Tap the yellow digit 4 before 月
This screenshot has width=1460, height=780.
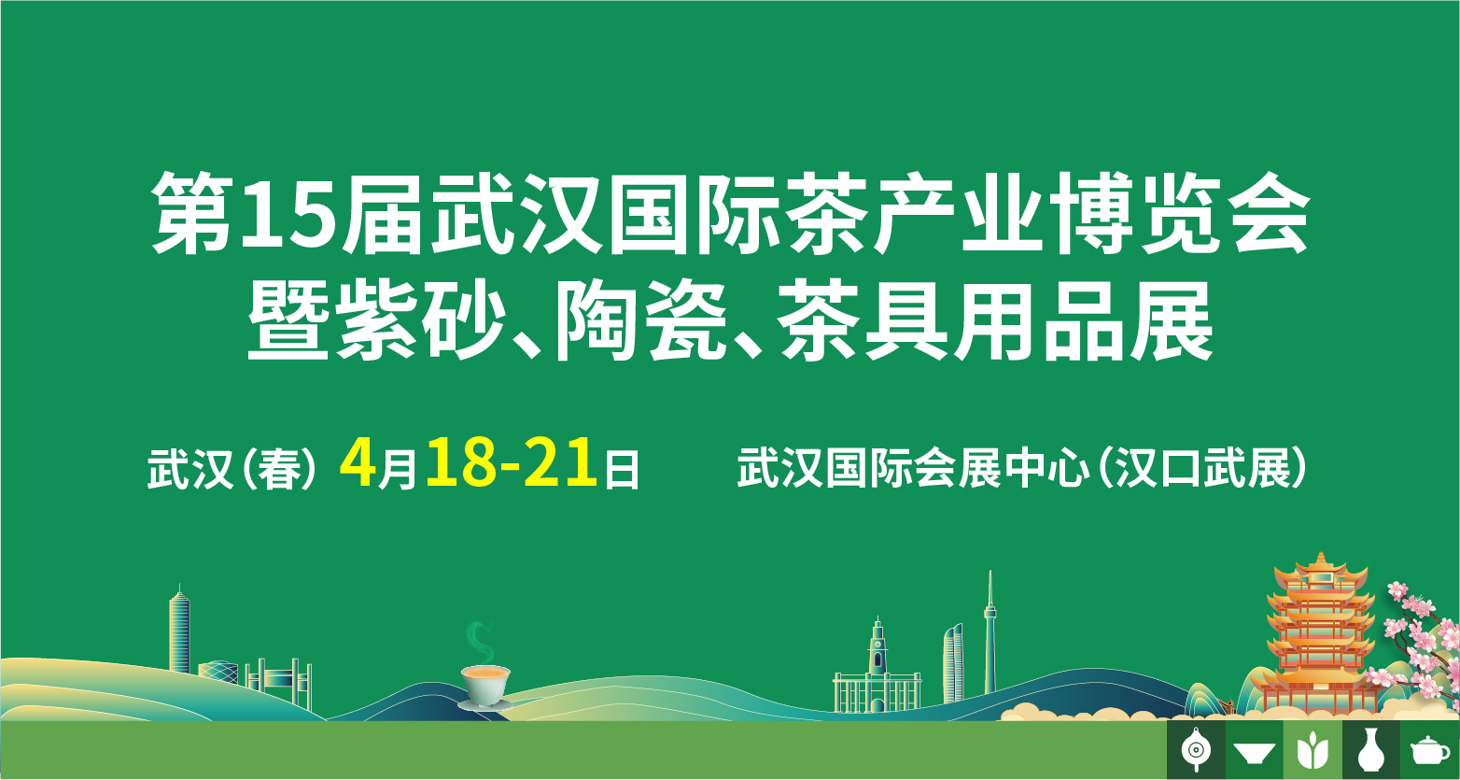358,463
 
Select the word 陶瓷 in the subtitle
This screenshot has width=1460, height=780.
642,320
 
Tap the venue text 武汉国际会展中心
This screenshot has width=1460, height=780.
913,468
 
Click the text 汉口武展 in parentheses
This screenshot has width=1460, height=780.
1203,468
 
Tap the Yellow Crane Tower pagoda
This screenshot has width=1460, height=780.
1321,636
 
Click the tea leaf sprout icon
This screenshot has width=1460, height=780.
1313,751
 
